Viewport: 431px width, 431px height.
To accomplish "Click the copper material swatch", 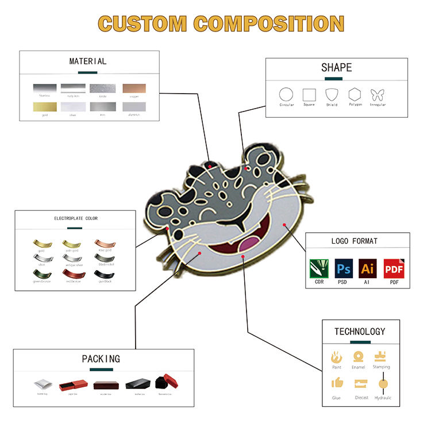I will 134,89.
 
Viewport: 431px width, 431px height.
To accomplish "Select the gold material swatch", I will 44,107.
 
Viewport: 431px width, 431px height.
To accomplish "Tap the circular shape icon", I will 286,94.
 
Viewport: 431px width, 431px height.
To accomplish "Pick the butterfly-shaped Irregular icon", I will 378,94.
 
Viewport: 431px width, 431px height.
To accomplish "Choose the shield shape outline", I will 332,94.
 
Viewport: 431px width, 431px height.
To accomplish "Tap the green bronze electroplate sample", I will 41,274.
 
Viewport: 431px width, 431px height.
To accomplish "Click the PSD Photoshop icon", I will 344,268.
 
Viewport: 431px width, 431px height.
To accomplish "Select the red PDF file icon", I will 394,268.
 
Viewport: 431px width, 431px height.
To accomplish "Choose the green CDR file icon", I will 319,268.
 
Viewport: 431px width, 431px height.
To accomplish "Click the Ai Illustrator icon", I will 368,268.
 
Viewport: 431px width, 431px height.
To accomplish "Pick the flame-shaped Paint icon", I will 337,357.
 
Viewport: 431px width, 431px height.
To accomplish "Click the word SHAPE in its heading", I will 336,68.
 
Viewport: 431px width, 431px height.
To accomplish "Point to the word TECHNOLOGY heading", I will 360,332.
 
